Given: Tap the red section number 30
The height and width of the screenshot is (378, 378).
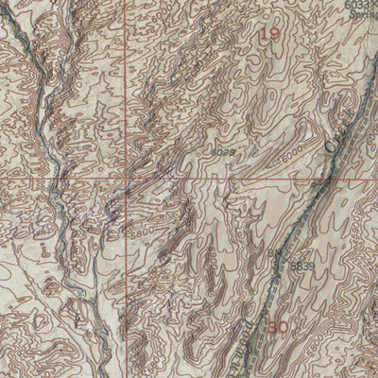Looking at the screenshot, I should pos(278,328).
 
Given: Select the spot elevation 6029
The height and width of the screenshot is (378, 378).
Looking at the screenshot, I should pos(221,151).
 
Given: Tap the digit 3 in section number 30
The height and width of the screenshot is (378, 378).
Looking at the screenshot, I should pos(273,328).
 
